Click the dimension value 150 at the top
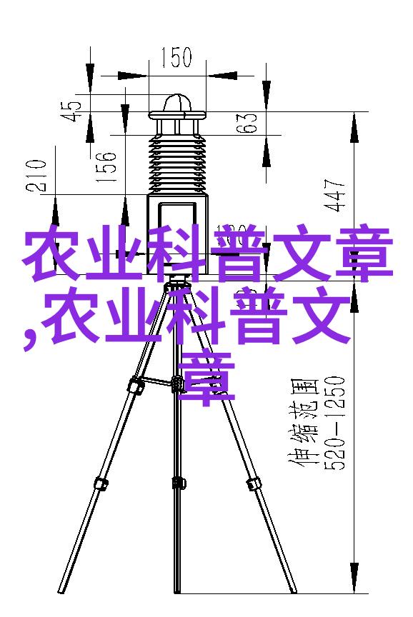point(176,59)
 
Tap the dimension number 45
point(71,111)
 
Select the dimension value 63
point(247,123)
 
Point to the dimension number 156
point(106,167)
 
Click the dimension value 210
point(36,176)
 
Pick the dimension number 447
point(334,196)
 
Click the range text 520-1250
point(334,423)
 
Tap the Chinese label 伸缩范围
point(304,423)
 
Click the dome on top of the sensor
point(178,103)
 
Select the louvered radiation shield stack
point(177,164)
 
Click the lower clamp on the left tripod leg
point(101,482)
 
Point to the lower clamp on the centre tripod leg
point(178,482)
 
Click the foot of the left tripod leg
point(61,589)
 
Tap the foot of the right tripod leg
point(292,589)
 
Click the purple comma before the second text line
point(29,338)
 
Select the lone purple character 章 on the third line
point(206,378)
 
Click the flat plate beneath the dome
point(178,115)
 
